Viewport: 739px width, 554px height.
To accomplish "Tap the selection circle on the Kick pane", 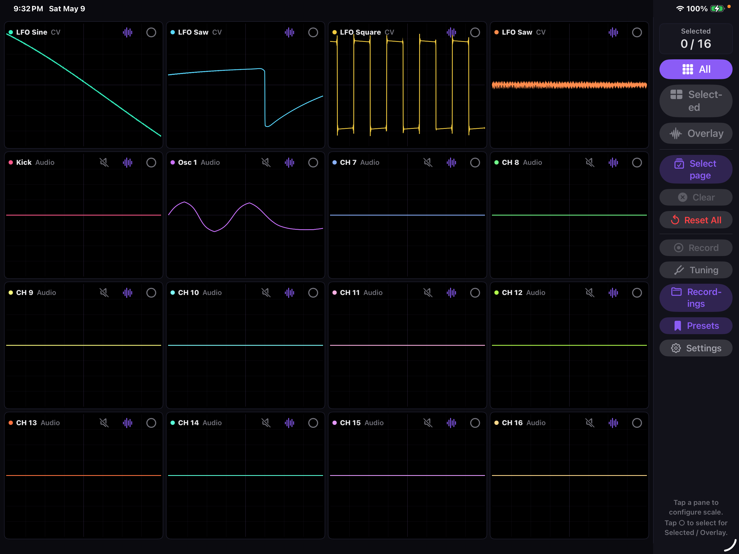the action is [x=151, y=163].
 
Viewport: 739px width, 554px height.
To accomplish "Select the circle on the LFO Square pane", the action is [x=475, y=32].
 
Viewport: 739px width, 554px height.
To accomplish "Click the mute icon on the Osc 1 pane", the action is [x=266, y=163].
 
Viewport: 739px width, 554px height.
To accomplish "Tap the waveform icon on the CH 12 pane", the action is [x=613, y=293].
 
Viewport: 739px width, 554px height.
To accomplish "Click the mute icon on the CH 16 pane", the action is [x=590, y=423].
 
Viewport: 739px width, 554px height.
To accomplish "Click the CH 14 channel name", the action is [x=189, y=423].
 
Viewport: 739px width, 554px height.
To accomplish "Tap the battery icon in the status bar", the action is [x=717, y=9].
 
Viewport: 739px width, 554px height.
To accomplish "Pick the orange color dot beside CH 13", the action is [x=11, y=423].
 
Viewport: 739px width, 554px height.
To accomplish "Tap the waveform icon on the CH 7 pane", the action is [x=451, y=163].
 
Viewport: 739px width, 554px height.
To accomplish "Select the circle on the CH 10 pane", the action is [x=313, y=293].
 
